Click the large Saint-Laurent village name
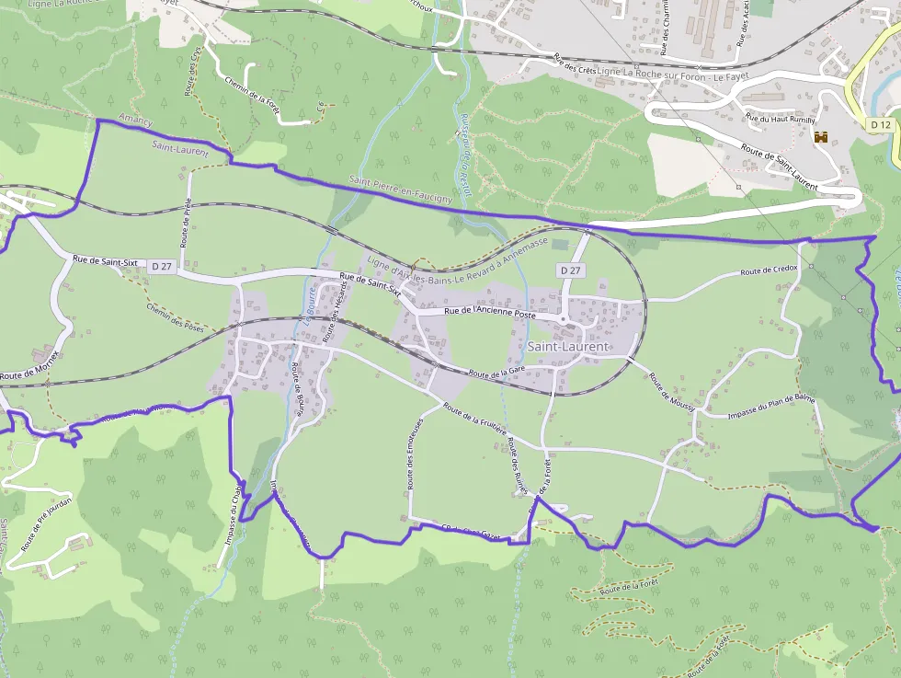pos(568,347)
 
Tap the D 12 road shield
pos(880,124)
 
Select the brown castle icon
pos(821,137)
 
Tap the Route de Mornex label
pos(29,365)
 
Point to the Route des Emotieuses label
pos(414,450)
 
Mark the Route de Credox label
pos(770,270)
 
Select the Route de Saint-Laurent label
pos(779,167)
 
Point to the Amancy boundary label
pos(134,122)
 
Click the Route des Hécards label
pos(336,312)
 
